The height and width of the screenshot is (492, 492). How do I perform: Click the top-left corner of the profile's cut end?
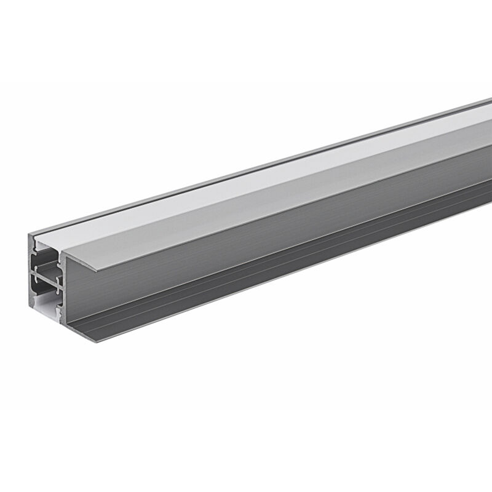[x=29, y=234]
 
